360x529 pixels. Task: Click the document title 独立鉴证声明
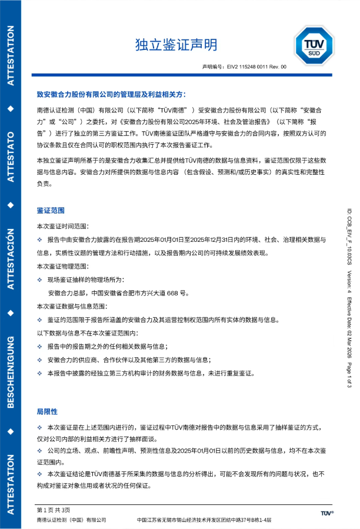click(176, 45)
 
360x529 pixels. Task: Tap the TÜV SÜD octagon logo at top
click(313, 45)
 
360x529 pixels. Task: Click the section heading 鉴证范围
click(51, 210)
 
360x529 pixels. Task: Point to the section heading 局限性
click(47, 411)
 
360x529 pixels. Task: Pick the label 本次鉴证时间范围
click(64, 226)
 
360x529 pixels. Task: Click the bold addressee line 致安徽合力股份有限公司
click(112, 94)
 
